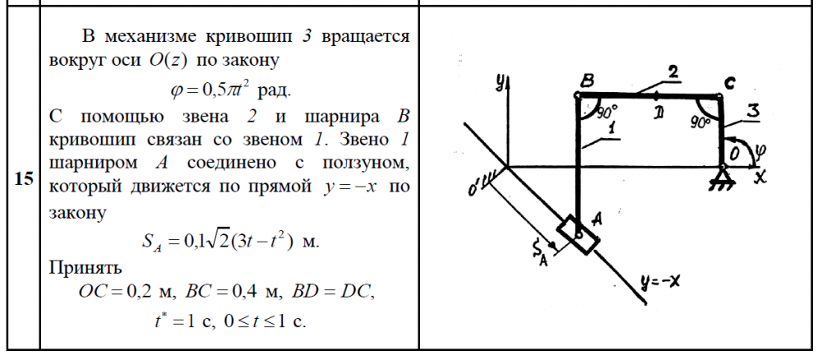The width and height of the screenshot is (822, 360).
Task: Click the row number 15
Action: coord(24,178)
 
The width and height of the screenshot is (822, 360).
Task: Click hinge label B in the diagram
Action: coord(587,81)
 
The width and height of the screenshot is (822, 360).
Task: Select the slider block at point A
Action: coord(578,235)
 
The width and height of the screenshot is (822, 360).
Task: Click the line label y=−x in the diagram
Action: coord(659,283)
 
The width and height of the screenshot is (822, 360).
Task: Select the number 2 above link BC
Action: coord(674,73)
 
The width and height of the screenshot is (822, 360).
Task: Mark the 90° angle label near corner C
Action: coord(700,122)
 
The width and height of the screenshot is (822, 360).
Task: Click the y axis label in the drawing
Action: coord(501,81)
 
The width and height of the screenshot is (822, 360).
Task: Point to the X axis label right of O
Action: coord(760,177)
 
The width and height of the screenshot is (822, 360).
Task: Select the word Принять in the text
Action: coord(85,267)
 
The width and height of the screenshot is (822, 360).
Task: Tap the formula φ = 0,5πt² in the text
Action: coord(210,90)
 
